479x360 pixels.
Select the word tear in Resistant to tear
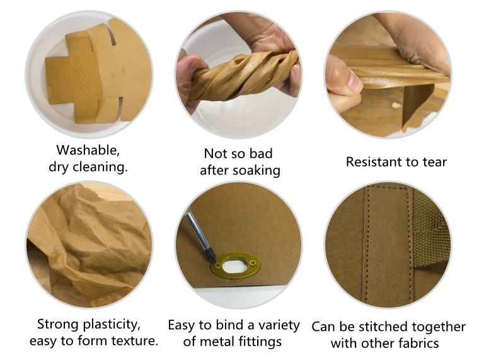(x=434, y=162)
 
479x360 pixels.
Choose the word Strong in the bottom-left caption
(x=57, y=325)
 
